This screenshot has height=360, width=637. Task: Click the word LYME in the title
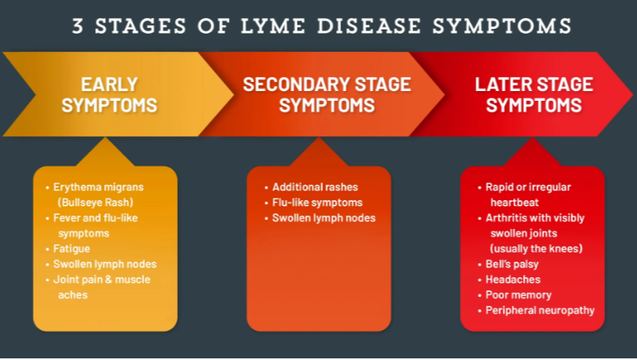(273, 26)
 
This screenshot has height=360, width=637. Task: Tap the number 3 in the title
(78, 26)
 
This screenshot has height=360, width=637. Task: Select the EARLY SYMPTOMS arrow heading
(109, 94)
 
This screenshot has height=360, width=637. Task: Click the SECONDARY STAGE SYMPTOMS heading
(327, 94)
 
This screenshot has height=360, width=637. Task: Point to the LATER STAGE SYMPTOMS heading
(535, 94)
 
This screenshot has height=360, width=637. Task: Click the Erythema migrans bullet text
(98, 187)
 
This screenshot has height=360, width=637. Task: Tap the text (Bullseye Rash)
(95, 203)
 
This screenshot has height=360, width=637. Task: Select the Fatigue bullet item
(71, 248)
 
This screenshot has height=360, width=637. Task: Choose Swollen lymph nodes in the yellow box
(105, 264)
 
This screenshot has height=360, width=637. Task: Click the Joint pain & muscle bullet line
(102, 280)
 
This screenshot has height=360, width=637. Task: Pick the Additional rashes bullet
(315, 187)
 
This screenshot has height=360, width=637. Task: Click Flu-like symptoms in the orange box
(317, 203)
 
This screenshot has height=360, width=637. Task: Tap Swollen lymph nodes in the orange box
(323, 218)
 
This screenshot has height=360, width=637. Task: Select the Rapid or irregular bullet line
(528, 187)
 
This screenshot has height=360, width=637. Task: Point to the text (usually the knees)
(536, 248)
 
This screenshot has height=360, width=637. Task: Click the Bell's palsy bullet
(512, 264)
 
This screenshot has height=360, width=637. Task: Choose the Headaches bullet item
(512, 280)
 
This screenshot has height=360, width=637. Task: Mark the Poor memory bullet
(518, 295)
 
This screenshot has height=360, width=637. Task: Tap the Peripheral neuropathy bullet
(540, 311)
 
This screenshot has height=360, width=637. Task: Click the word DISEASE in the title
(369, 26)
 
